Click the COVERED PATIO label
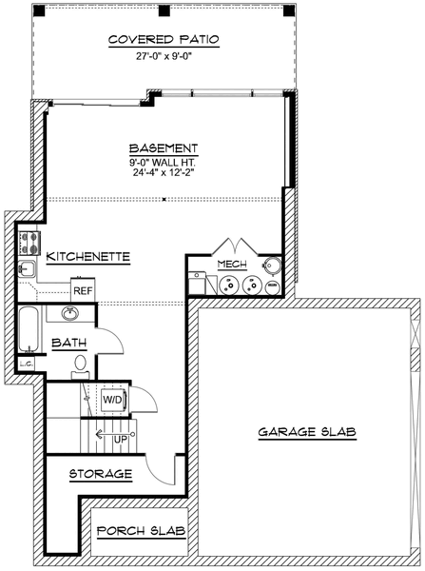(164, 39)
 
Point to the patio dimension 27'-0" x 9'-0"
(164, 56)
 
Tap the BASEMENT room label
(164, 148)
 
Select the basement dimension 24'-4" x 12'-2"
(164, 172)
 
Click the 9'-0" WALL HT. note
(164, 162)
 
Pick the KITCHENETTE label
(88, 256)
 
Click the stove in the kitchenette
(29, 243)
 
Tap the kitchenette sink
(27, 269)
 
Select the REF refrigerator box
(83, 290)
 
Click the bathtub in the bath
(29, 329)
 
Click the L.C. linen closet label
(27, 364)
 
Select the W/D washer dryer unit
(113, 400)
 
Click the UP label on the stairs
(121, 440)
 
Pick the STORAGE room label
(101, 474)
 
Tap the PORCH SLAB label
(141, 531)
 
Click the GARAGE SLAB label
(307, 432)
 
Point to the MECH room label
(232, 264)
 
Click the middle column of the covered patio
(164, 10)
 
